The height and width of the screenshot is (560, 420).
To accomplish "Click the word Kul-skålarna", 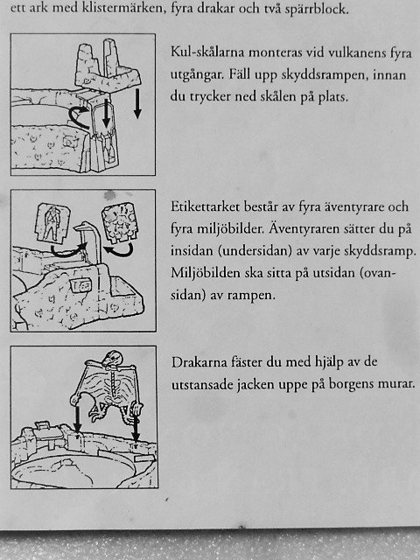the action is [207, 52].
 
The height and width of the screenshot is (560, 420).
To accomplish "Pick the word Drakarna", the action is [199, 362].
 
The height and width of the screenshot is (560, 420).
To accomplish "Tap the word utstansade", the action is [201, 385].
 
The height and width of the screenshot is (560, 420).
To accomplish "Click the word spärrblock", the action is [317, 9].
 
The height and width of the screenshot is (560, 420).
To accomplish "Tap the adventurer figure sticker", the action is [52, 222].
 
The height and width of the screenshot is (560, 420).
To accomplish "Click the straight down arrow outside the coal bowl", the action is [137, 104].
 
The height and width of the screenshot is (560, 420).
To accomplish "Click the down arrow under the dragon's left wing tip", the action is [77, 419].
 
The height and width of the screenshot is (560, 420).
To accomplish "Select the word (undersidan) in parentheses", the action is [254, 251].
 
